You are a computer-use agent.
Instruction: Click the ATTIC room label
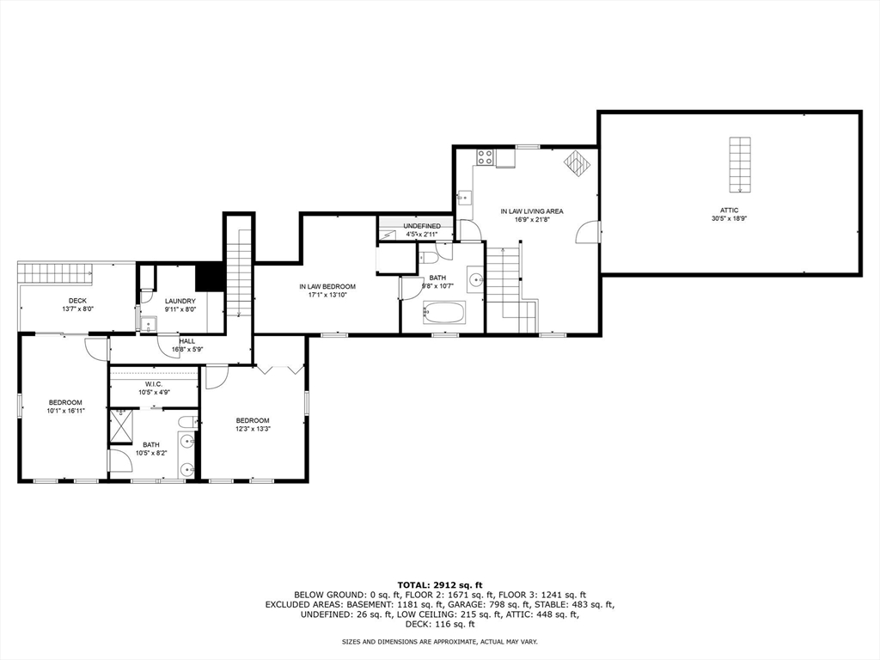729,210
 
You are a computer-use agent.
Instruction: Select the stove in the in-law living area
485,157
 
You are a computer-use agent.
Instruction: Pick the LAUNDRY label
180,301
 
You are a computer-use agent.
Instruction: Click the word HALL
186,341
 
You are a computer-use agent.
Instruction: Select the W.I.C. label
154,383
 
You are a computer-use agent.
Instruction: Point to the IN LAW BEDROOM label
327,286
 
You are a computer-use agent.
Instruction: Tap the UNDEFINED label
422,226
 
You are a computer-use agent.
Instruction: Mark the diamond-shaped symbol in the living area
575,162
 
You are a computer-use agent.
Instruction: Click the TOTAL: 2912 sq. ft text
439,584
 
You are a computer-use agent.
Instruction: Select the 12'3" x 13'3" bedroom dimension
253,429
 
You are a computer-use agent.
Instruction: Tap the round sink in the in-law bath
474,278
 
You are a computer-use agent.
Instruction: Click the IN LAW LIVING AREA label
532,211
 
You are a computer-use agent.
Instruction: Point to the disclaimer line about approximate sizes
439,642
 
